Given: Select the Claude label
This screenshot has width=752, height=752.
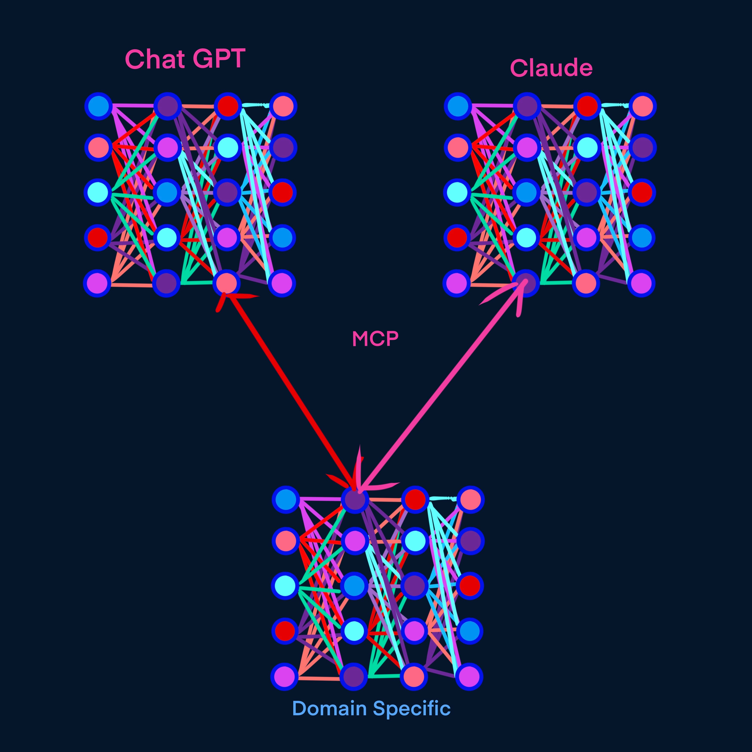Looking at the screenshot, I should [x=551, y=69].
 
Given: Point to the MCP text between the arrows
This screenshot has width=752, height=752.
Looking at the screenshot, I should [x=375, y=339].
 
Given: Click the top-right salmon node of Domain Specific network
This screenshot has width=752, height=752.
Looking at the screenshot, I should [x=470, y=499].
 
